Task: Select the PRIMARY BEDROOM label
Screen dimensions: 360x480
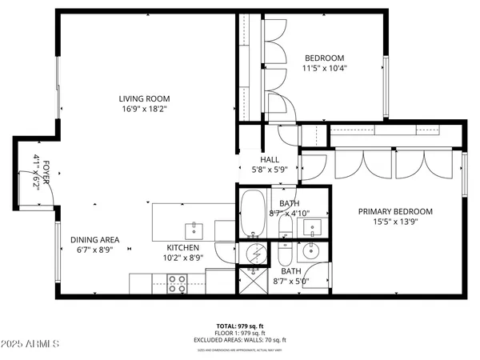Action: click(x=394, y=211)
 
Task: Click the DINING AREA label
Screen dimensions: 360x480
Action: click(x=95, y=239)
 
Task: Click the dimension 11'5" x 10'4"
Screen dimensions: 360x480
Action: click(x=324, y=69)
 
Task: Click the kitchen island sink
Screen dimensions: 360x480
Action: click(x=195, y=230)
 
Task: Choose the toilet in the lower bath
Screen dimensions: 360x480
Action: click(x=284, y=256)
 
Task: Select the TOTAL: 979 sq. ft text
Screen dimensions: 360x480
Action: click(x=239, y=327)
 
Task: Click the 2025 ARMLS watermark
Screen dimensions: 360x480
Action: click(x=31, y=345)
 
